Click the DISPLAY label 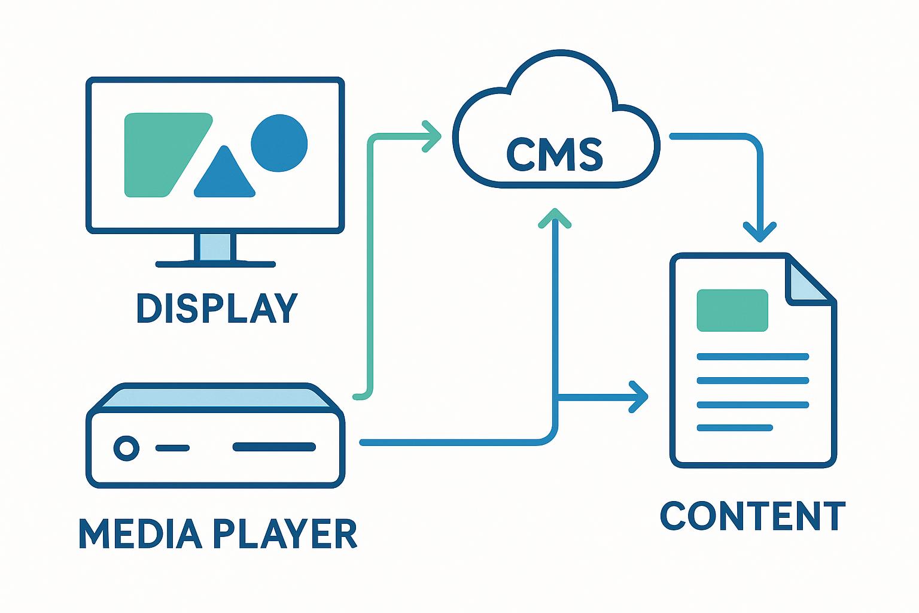point(217,308)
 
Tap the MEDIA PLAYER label point(218,533)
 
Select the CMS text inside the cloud point(555,154)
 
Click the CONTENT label point(753,516)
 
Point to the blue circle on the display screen point(279,143)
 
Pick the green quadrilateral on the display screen point(159,154)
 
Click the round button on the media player point(126,447)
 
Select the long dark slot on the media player point(274,447)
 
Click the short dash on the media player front point(172,448)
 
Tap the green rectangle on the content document point(732,310)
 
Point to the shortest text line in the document point(735,427)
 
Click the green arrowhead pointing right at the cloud point(432,136)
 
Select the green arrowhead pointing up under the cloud point(555,217)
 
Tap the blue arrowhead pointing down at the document point(760,232)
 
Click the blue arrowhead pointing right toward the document point(640,396)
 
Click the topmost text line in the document point(753,357)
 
